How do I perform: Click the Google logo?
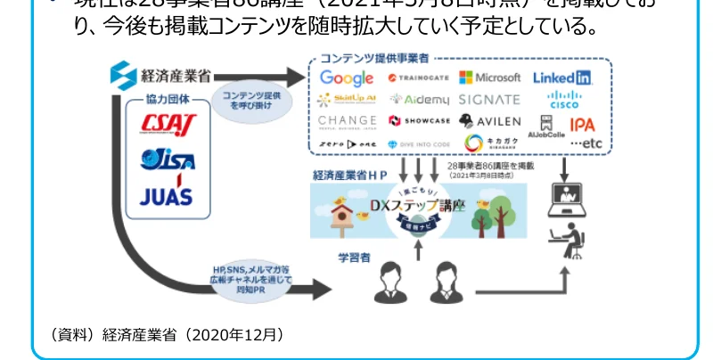(347, 78)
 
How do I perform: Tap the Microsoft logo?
(489, 78)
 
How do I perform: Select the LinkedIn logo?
(562, 78)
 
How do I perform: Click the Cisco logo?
(563, 100)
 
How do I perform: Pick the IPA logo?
(582, 125)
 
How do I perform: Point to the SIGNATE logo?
(489, 100)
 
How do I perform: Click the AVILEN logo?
(489, 120)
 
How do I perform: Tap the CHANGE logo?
(346, 121)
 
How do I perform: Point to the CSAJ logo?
(169, 125)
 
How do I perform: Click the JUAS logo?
(168, 195)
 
